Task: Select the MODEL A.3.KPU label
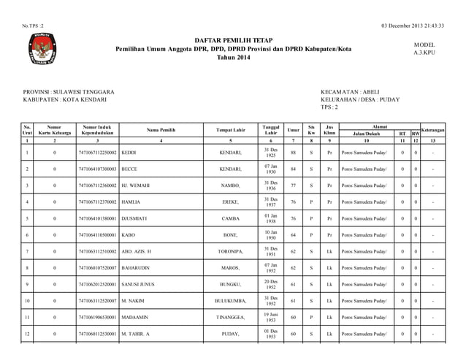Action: [424, 49]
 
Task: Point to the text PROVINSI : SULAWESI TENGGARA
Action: [69, 91]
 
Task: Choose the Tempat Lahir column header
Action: [230, 129]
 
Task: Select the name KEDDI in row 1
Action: [129, 153]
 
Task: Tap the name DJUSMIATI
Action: [137, 218]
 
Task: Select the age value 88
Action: [293, 153]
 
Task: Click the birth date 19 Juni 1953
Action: [270, 317]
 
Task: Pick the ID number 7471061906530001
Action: [97, 317]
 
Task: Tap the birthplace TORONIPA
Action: [230, 251]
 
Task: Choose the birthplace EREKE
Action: [230, 202]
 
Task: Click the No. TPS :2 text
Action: [34, 26]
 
